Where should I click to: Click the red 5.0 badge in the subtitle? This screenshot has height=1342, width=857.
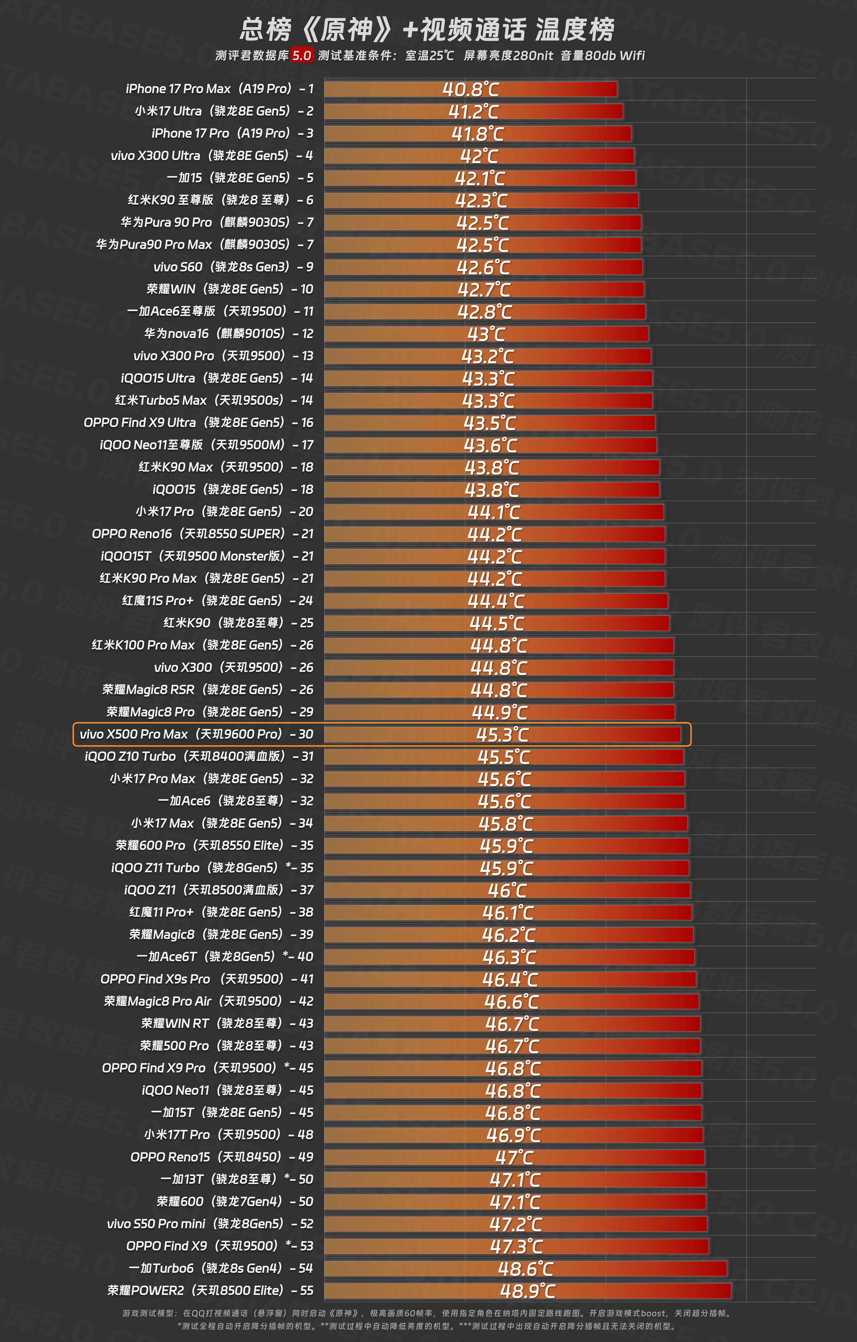(302, 55)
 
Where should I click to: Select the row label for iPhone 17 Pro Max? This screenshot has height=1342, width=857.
(220, 89)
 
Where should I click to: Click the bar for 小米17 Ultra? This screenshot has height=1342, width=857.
(473, 111)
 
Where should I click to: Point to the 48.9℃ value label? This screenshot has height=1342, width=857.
(528, 1291)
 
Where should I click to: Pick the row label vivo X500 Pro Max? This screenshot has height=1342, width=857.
(196, 734)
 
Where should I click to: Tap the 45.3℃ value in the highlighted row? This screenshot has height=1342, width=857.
(502, 735)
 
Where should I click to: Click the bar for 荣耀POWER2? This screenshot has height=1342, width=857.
(528, 1291)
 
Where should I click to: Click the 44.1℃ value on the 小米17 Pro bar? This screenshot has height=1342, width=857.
(494, 512)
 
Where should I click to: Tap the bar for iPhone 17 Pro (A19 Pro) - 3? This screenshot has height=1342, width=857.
(478, 133)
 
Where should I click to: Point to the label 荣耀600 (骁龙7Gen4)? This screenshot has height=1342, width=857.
(235, 1202)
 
